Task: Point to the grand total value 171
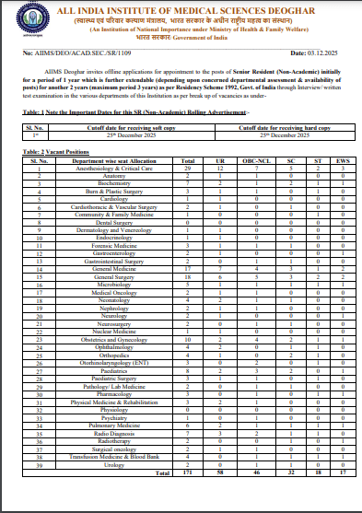(186, 445)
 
